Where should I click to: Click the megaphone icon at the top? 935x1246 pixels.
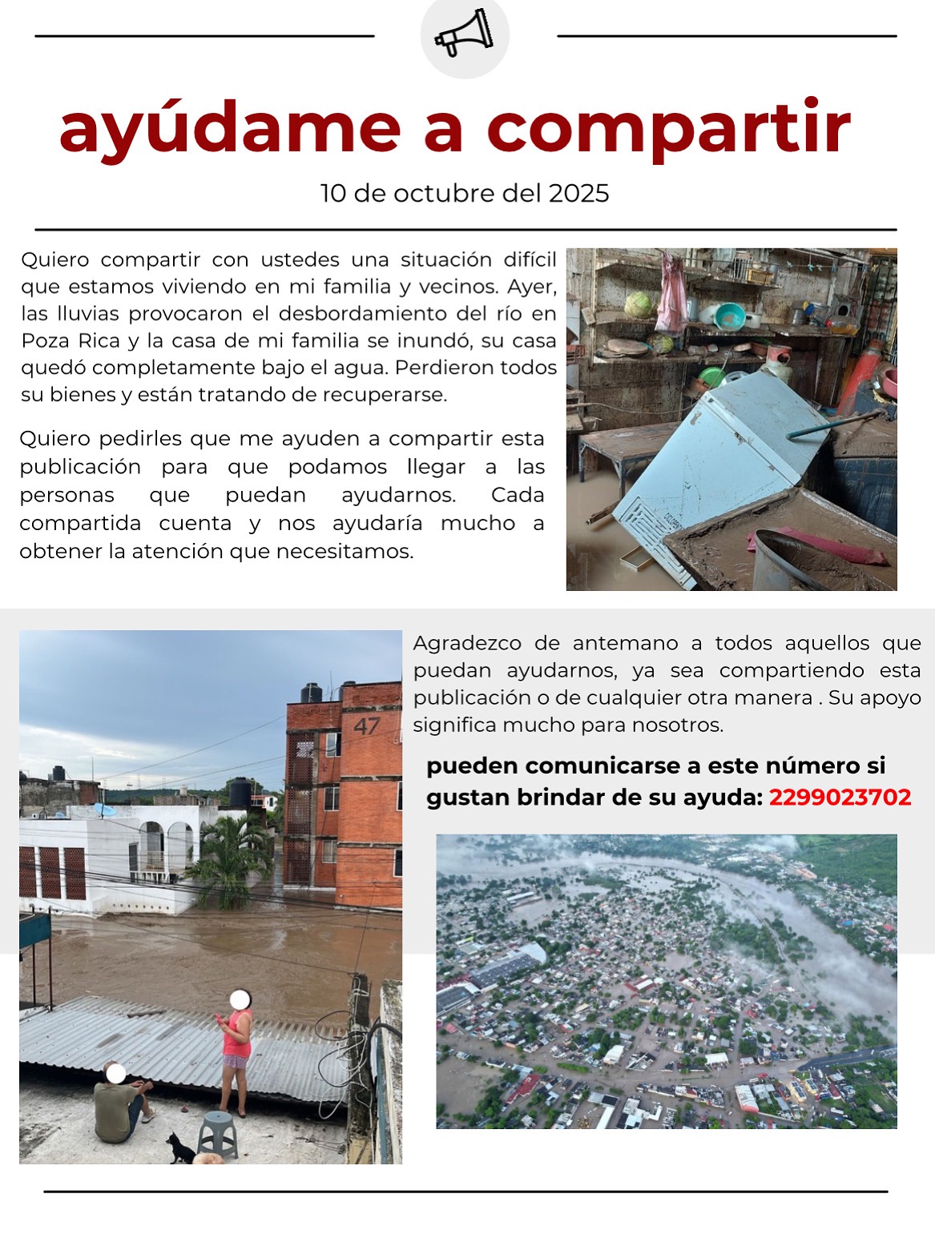point(464,33)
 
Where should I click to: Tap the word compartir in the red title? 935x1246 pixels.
point(668,128)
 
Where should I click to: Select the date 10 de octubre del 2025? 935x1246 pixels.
point(465,193)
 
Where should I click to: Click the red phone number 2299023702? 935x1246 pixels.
point(840,798)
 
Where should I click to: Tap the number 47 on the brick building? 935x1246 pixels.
point(367,726)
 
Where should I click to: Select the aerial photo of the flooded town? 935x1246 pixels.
point(666,981)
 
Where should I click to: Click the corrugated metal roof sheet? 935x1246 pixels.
point(176,1041)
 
